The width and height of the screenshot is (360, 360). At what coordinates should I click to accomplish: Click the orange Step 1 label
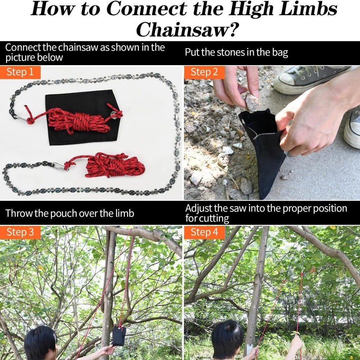click(20, 72)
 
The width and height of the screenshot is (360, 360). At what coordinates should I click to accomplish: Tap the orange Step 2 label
click(204, 72)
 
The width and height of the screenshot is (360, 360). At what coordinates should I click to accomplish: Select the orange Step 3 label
click(20, 232)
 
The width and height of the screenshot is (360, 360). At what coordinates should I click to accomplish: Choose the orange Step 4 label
click(204, 232)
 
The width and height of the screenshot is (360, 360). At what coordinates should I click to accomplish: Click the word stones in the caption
click(231, 53)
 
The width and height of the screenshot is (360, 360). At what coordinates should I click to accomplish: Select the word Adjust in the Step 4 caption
click(199, 208)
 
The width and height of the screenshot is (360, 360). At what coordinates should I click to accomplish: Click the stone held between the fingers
click(252, 103)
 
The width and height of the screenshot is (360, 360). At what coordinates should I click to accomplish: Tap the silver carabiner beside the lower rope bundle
click(60, 167)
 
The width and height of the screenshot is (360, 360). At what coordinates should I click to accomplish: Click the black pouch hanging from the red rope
click(119, 336)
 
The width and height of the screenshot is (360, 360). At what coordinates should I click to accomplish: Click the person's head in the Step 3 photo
click(41, 343)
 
